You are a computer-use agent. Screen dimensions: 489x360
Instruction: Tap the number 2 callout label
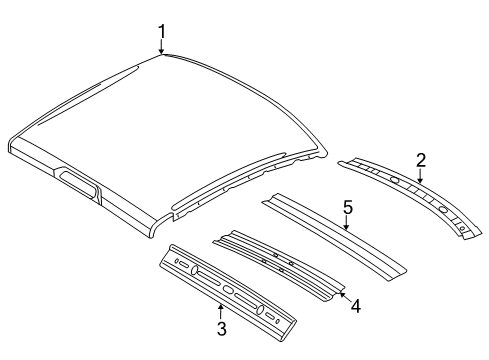coord(421,160)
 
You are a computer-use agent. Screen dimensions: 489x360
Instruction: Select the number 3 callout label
coord(220,327)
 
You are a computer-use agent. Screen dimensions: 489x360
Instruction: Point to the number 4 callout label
coord(355,306)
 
